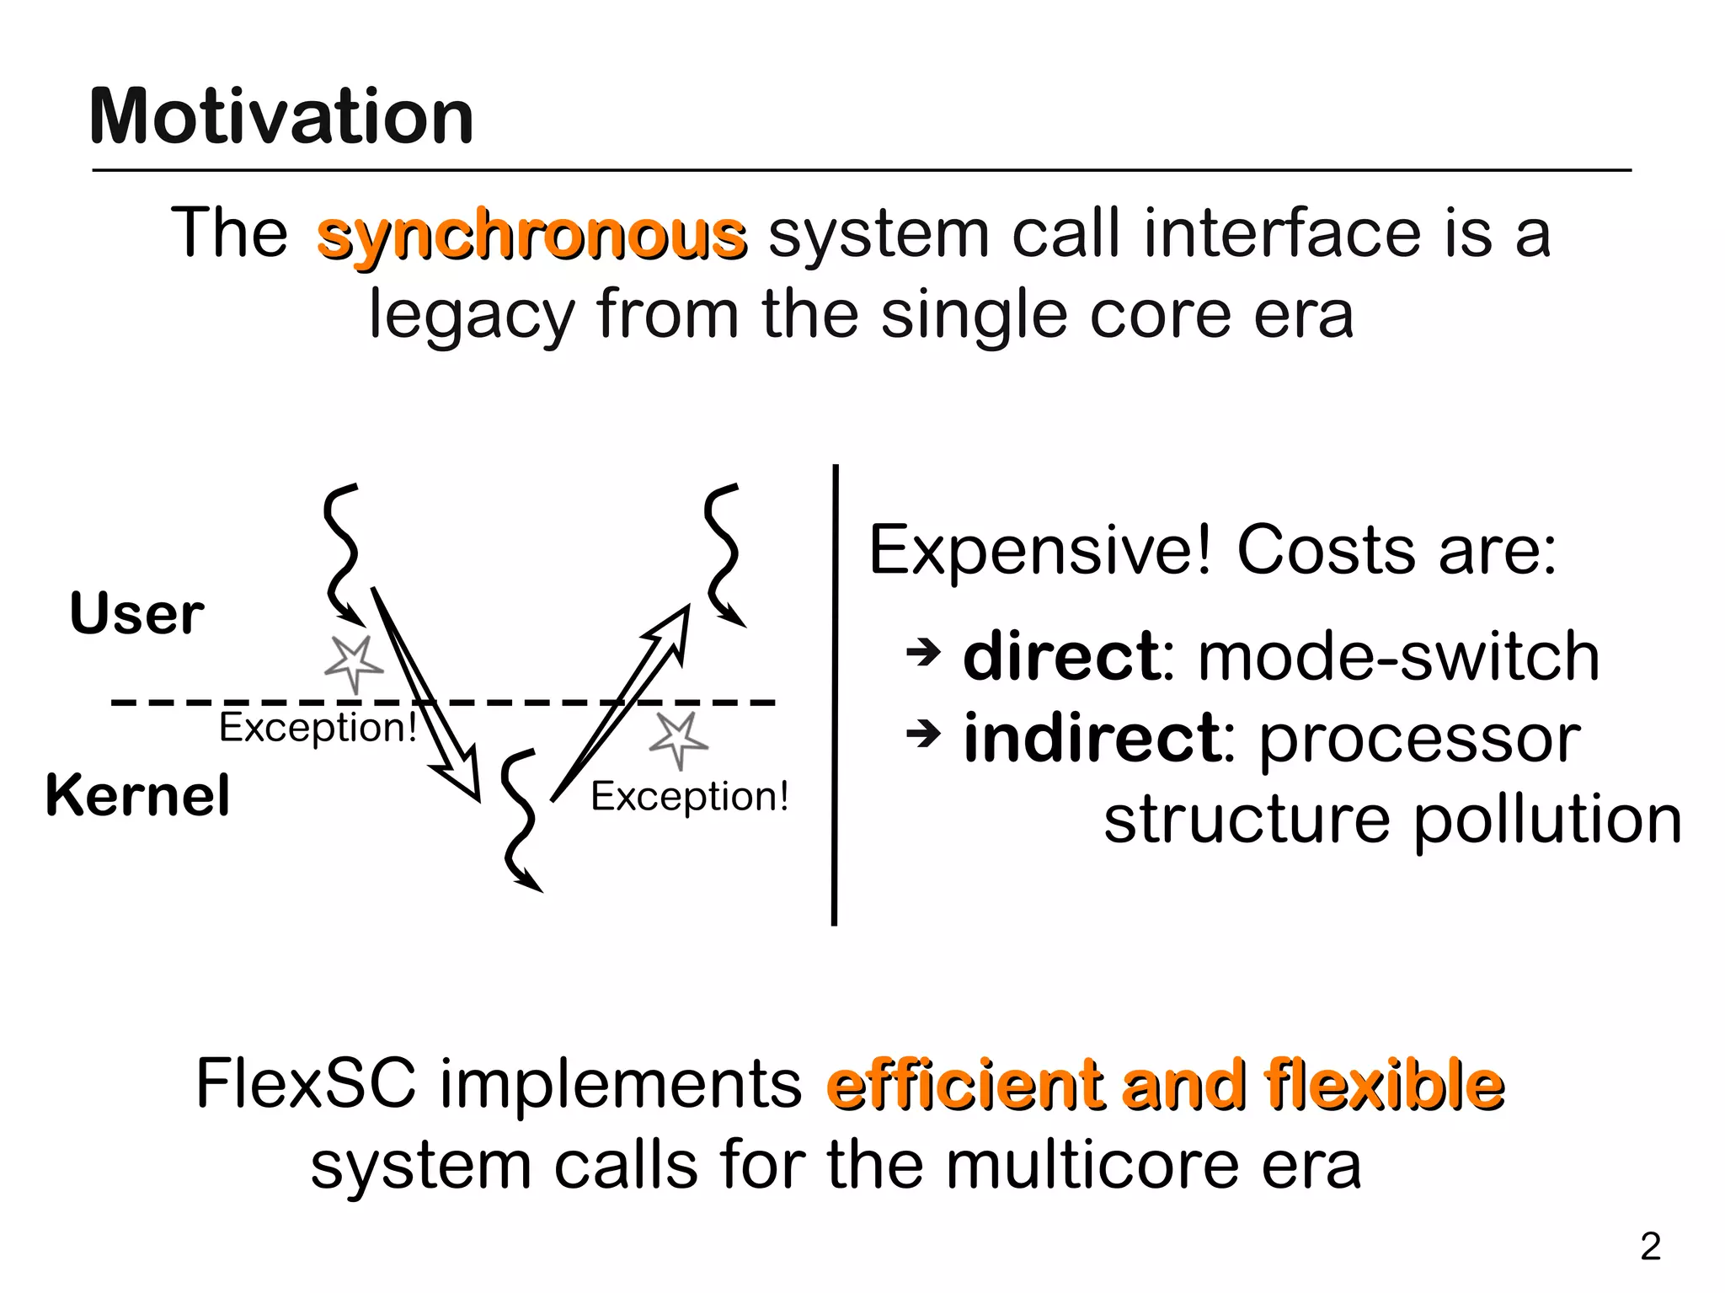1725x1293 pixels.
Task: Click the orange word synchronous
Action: point(531,235)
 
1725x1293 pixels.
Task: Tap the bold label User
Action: point(136,613)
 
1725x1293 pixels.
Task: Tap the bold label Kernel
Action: point(137,795)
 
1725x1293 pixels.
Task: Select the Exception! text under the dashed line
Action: point(318,727)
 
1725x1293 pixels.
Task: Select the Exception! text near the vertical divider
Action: point(689,796)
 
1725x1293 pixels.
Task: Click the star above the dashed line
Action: point(354,663)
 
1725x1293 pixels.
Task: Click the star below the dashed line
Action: point(678,740)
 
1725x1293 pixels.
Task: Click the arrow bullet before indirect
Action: point(923,735)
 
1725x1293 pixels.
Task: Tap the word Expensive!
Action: point(1039,551)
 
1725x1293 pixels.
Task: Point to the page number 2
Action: point(1651,1247)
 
